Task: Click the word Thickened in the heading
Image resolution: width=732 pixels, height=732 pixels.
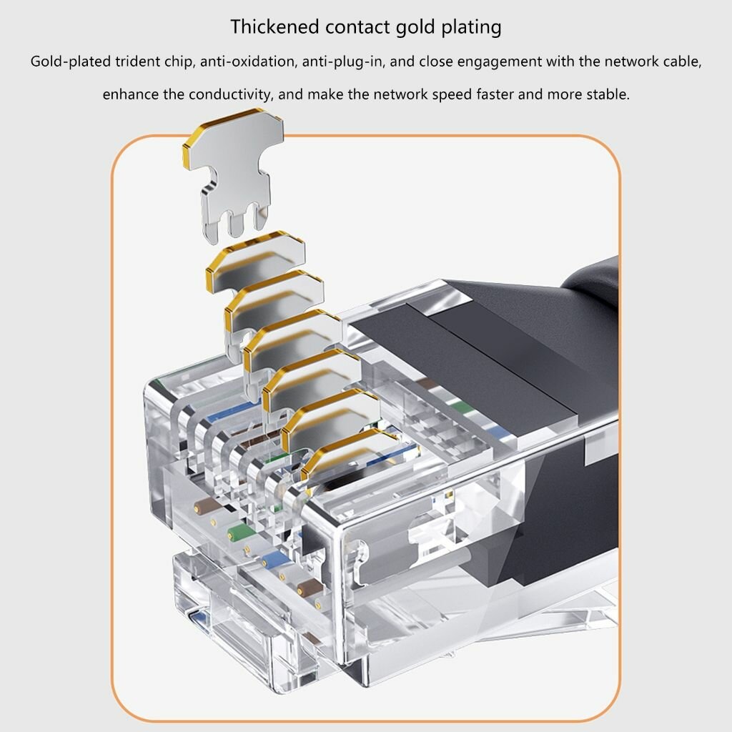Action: [274, 26]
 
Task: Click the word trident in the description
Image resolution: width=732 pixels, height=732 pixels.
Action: [138, 61]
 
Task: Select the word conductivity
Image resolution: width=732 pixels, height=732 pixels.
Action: [229, 95]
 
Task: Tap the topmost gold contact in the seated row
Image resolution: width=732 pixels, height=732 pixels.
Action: [255, 262]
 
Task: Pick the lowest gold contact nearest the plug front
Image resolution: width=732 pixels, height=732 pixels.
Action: [349, 455]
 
